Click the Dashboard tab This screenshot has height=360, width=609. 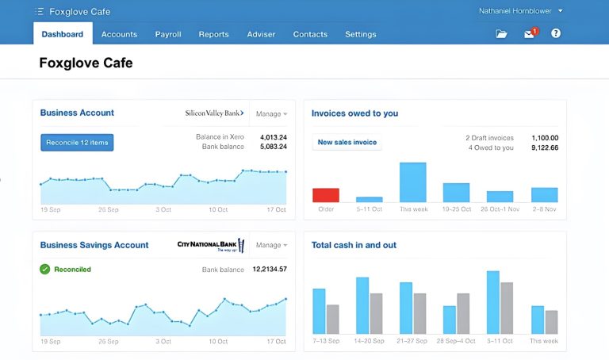click(x=63, y=34)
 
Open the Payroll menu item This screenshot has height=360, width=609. click(x=168, y=34)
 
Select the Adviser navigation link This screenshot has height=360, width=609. click(x=261, y=34)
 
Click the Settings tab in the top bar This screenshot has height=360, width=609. click(x=361, y=34)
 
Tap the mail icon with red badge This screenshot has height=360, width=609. click(x=529, y=34)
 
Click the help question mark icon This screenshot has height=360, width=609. click(x=556, y=34)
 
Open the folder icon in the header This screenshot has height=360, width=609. click(x=501, y=34)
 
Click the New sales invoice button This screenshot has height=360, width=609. click(x=347, y=143)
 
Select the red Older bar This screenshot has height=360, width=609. click(x=326, y=195)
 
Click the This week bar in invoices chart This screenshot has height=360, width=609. click(x=412, y=182)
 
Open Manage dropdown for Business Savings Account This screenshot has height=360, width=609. click(x=271, y=246)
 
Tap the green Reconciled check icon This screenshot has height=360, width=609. click(x=45, y=270)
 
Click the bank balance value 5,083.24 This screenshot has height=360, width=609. click(x=273, y=147)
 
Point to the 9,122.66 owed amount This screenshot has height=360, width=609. click(x=544, y=147)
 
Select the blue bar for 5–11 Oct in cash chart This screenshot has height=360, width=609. click(x=492, y=302)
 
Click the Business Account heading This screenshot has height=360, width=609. click(x=77, y=113)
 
